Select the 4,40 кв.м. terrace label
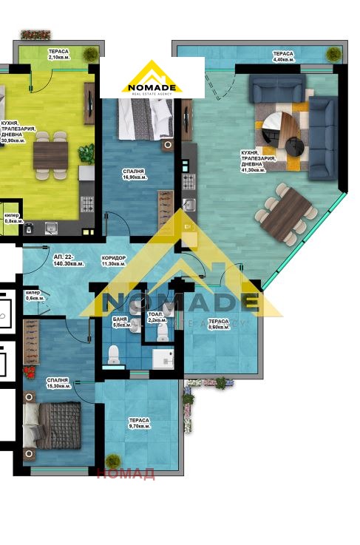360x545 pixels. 282,57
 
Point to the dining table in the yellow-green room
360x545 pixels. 50,155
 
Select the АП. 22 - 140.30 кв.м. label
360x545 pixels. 68,260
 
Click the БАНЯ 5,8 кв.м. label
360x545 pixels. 121,321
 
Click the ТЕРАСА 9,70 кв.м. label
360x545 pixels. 140,423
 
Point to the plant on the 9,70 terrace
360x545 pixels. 113,461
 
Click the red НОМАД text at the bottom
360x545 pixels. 125,474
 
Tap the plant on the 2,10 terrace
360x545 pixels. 90,53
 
